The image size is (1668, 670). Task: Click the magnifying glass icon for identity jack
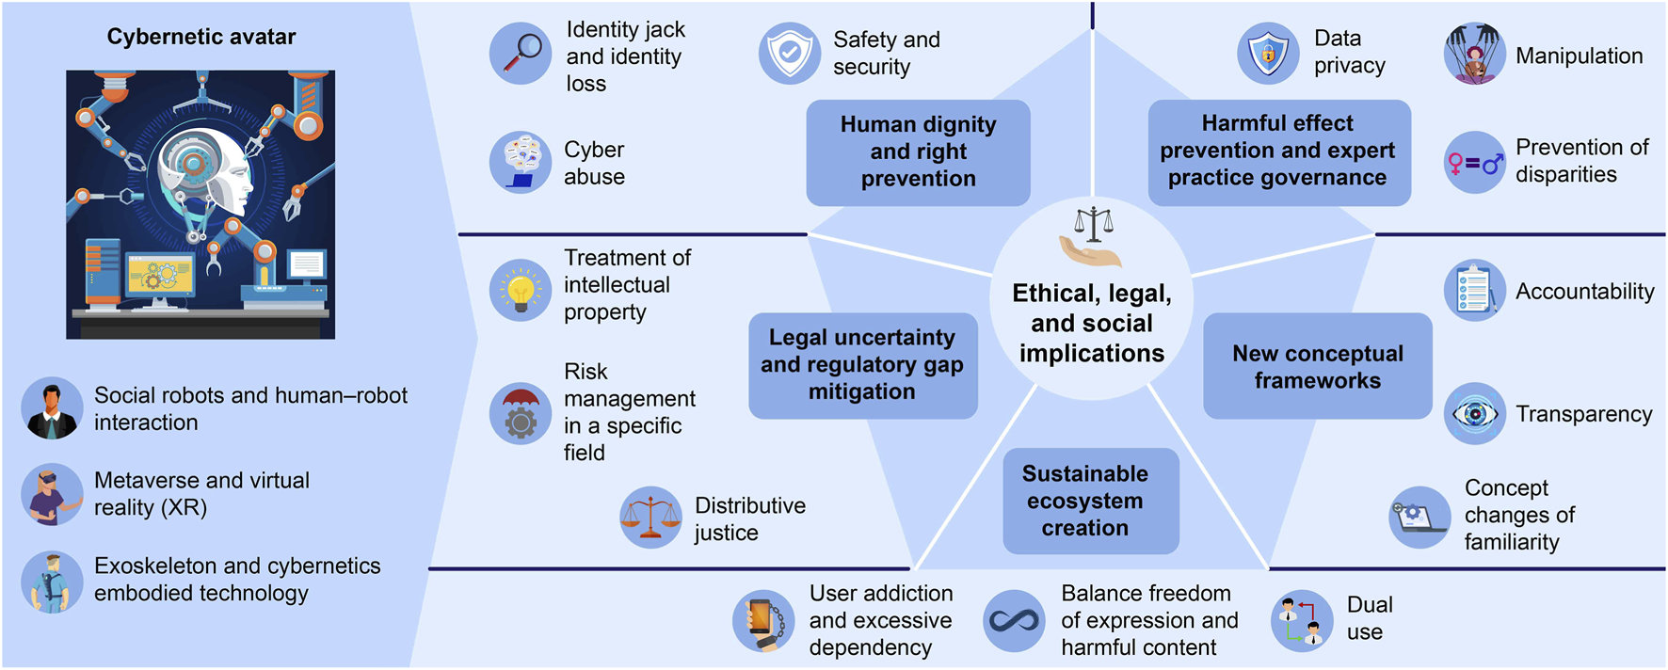[521, 54]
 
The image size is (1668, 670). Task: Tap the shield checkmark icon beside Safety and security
[790, 54]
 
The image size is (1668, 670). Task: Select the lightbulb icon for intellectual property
[521, 290]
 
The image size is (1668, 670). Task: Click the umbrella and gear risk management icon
[521, 412]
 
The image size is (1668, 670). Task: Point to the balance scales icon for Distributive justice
[650, 518]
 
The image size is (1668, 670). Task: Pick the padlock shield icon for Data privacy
[1268, 54]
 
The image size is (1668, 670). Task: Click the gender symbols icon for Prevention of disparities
[1475, 163]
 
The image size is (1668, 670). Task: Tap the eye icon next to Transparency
[1475, 414]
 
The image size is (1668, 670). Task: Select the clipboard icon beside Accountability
[1475, 290]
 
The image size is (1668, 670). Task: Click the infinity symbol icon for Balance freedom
[1014, 621]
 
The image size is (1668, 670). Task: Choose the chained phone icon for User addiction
[763, 621]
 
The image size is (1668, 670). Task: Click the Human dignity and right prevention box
[918, 152]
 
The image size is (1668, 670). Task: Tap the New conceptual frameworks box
[1317, 366]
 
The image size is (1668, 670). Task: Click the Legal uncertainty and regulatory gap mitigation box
[862, 365]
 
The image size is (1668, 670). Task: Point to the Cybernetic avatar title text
[201, 37]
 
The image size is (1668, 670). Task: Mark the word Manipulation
[1579, 56]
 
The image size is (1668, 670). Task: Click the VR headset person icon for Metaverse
[52, 494]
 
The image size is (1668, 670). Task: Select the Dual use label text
[1369, 618]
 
